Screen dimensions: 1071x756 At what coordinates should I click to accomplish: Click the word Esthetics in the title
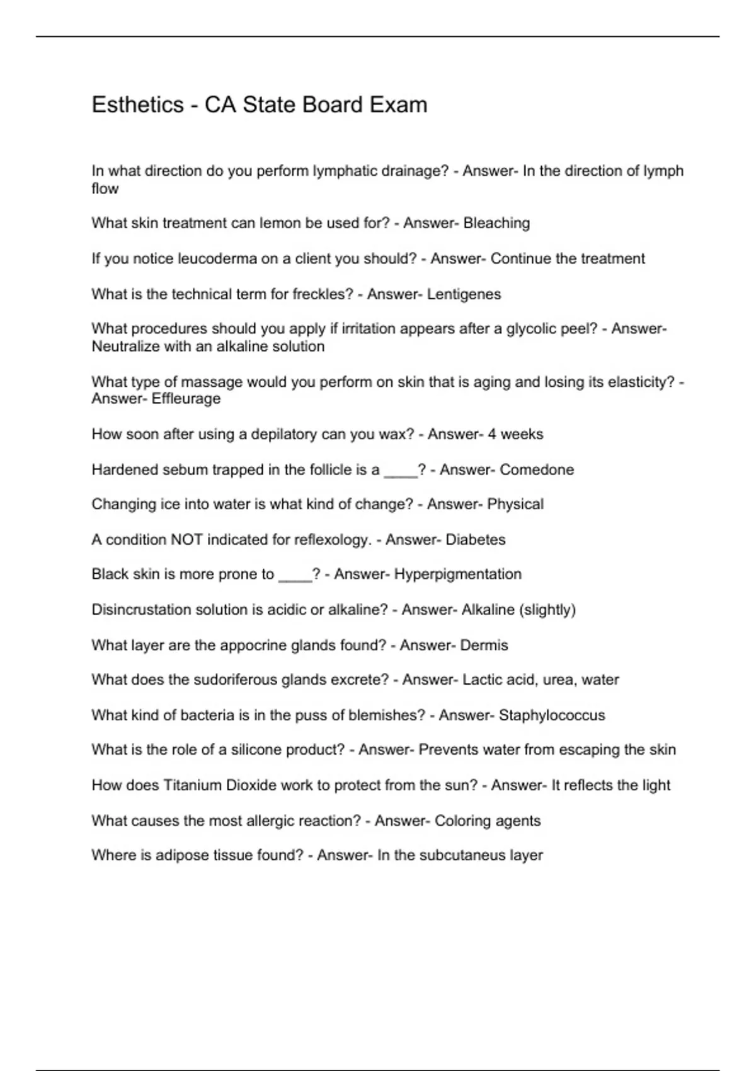(x=137, y=105)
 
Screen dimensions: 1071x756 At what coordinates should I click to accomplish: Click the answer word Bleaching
(x=496, y=223)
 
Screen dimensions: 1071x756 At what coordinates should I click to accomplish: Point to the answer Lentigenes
(x=464, y=294)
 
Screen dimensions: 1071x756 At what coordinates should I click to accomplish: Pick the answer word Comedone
(x=537, y=469)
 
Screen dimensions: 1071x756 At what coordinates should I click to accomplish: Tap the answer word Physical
(x=515, y=504)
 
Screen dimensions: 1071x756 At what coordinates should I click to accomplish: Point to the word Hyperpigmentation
(x=457, y=575)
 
